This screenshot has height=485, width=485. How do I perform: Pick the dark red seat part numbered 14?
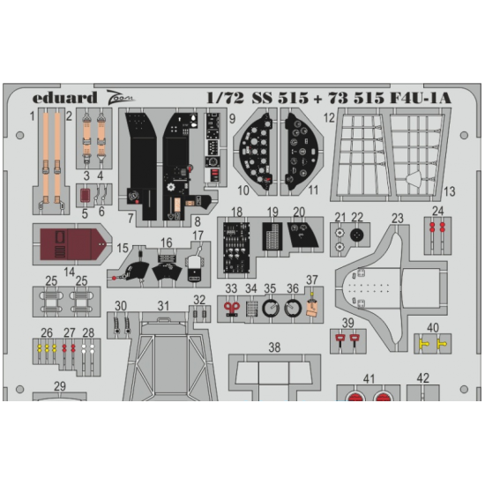point(67,243)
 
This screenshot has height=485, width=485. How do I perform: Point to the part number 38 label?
point(274,348)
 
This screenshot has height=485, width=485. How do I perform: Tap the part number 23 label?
point(397,219)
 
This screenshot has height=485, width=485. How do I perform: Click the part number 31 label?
point(163,306)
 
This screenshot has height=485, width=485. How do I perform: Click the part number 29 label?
point(59,386)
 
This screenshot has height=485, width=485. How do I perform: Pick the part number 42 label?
point(423,379)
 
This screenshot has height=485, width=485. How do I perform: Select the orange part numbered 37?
point(312,305)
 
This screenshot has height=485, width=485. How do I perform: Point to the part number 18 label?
point(236,213)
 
